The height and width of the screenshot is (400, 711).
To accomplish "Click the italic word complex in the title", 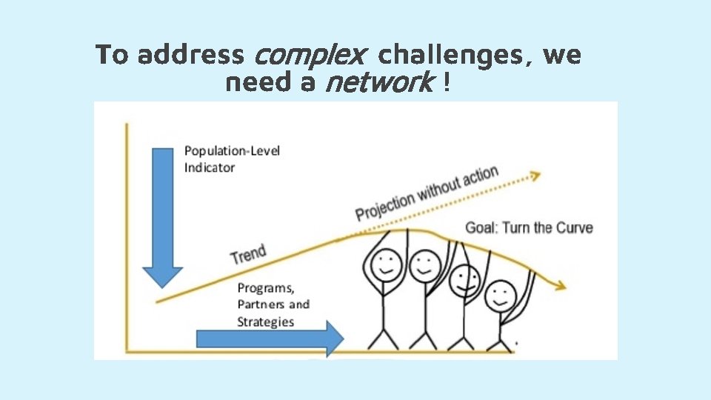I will tap(310, 55).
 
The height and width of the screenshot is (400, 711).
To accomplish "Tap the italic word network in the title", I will tap(378, 83).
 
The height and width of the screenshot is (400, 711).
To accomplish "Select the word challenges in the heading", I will tap(453, 55).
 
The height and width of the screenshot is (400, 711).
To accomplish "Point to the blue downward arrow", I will tap(162, 215).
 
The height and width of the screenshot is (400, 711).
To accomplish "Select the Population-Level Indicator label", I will tap(232, 159).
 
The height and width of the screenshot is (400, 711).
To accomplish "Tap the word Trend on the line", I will tap(248, 254).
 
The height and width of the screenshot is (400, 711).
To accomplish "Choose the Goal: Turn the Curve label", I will tap(529, 227).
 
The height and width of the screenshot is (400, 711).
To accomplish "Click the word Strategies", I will tap(265, 321).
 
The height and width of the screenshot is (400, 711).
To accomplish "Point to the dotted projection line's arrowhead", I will tap(535, 176).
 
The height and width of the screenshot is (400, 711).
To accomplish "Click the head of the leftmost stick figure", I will tap(385, 264).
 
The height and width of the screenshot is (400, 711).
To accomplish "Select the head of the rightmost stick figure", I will tap(501, 296).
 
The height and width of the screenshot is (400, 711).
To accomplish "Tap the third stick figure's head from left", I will tap(465, 280).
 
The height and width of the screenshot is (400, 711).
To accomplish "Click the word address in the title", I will tap(191, 55).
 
